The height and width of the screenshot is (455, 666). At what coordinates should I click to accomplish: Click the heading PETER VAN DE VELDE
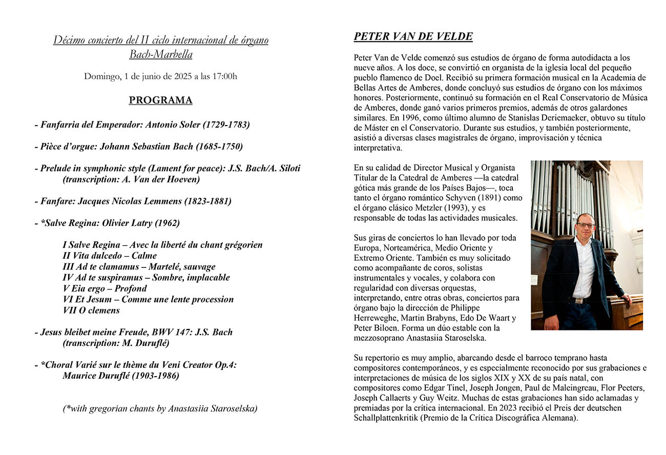tap(413, 37)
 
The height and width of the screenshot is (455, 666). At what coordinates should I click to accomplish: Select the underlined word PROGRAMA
tap(160, 100)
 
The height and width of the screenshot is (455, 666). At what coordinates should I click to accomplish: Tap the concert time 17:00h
tap(225, 77)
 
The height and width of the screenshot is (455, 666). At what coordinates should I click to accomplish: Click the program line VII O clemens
tap(91, 310)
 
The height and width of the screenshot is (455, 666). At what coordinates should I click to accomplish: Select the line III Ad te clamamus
tap(139, 266)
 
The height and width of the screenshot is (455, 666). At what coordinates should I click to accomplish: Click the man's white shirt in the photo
tap(583, 266)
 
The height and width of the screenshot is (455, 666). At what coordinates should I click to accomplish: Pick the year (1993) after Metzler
tap(456, 208)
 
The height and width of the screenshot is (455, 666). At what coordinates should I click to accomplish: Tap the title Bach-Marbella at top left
tap(160, 54)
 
